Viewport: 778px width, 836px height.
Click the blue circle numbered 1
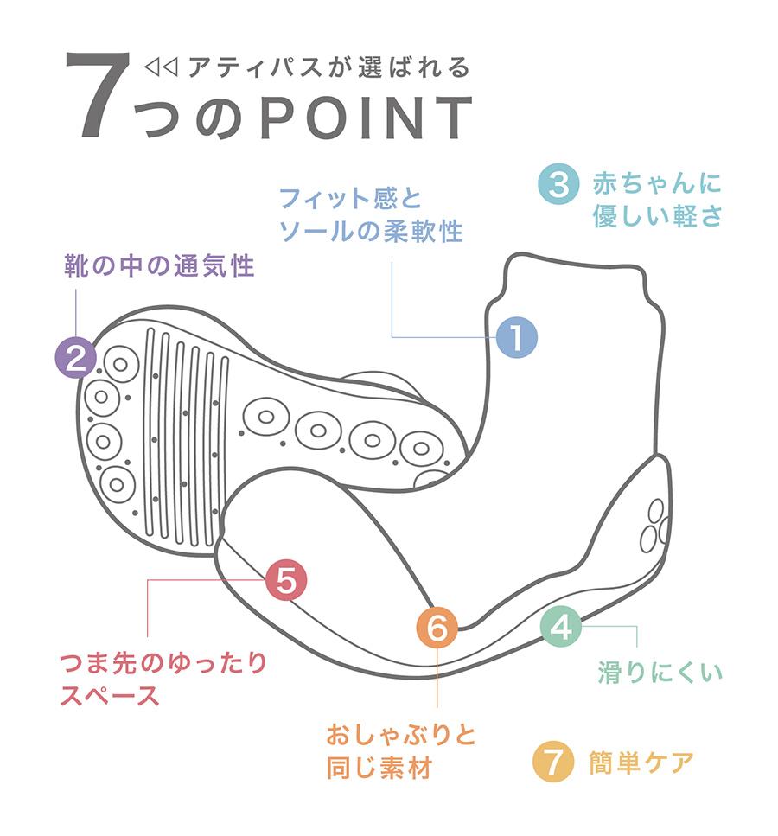click(516, 337)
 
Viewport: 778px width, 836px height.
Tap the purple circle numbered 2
click(76, 358)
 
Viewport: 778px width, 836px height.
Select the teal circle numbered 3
click(558, 183)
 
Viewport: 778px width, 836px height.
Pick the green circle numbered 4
click(561, 627)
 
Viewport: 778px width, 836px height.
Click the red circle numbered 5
click(286, 580)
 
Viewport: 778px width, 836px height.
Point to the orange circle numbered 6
click(437, 627)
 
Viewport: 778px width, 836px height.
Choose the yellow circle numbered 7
click(553, 762)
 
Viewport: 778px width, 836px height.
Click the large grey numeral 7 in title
click(99, 95)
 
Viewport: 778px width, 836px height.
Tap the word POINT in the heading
click(367, 118)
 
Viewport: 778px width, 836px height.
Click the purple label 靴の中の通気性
click(159, 265)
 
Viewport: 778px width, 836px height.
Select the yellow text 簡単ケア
click(641, 763)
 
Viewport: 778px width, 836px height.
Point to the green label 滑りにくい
click(660, 672)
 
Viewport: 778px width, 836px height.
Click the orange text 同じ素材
click(379, 769)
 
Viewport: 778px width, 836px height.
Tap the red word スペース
click(110, 695)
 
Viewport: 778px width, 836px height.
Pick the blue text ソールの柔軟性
click(371, 232)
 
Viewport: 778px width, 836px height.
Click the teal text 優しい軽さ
click(658, 216)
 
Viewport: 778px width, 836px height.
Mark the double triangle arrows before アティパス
click(161, 67)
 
